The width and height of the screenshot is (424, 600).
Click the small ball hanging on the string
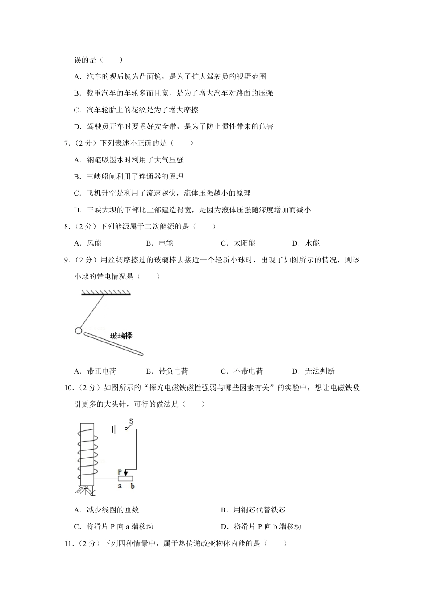point(78,331)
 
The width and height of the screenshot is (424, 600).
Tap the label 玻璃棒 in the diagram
point(121,335)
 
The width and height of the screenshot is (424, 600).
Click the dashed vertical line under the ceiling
point(104,312)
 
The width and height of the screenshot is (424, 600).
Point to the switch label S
point(131,421)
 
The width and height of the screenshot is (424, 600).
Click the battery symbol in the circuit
point(114,429)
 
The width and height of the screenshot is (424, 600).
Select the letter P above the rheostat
point(120,472)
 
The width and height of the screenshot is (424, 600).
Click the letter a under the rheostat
point(120,486)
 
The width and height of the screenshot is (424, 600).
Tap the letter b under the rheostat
point(132,486)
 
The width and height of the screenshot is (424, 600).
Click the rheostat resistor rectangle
point(125,479)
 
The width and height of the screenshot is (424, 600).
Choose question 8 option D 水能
point(306,243)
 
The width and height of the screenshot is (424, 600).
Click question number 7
point(67,143)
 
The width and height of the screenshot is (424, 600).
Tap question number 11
point(69,543)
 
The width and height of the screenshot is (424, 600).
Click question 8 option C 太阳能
point(238,243)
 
